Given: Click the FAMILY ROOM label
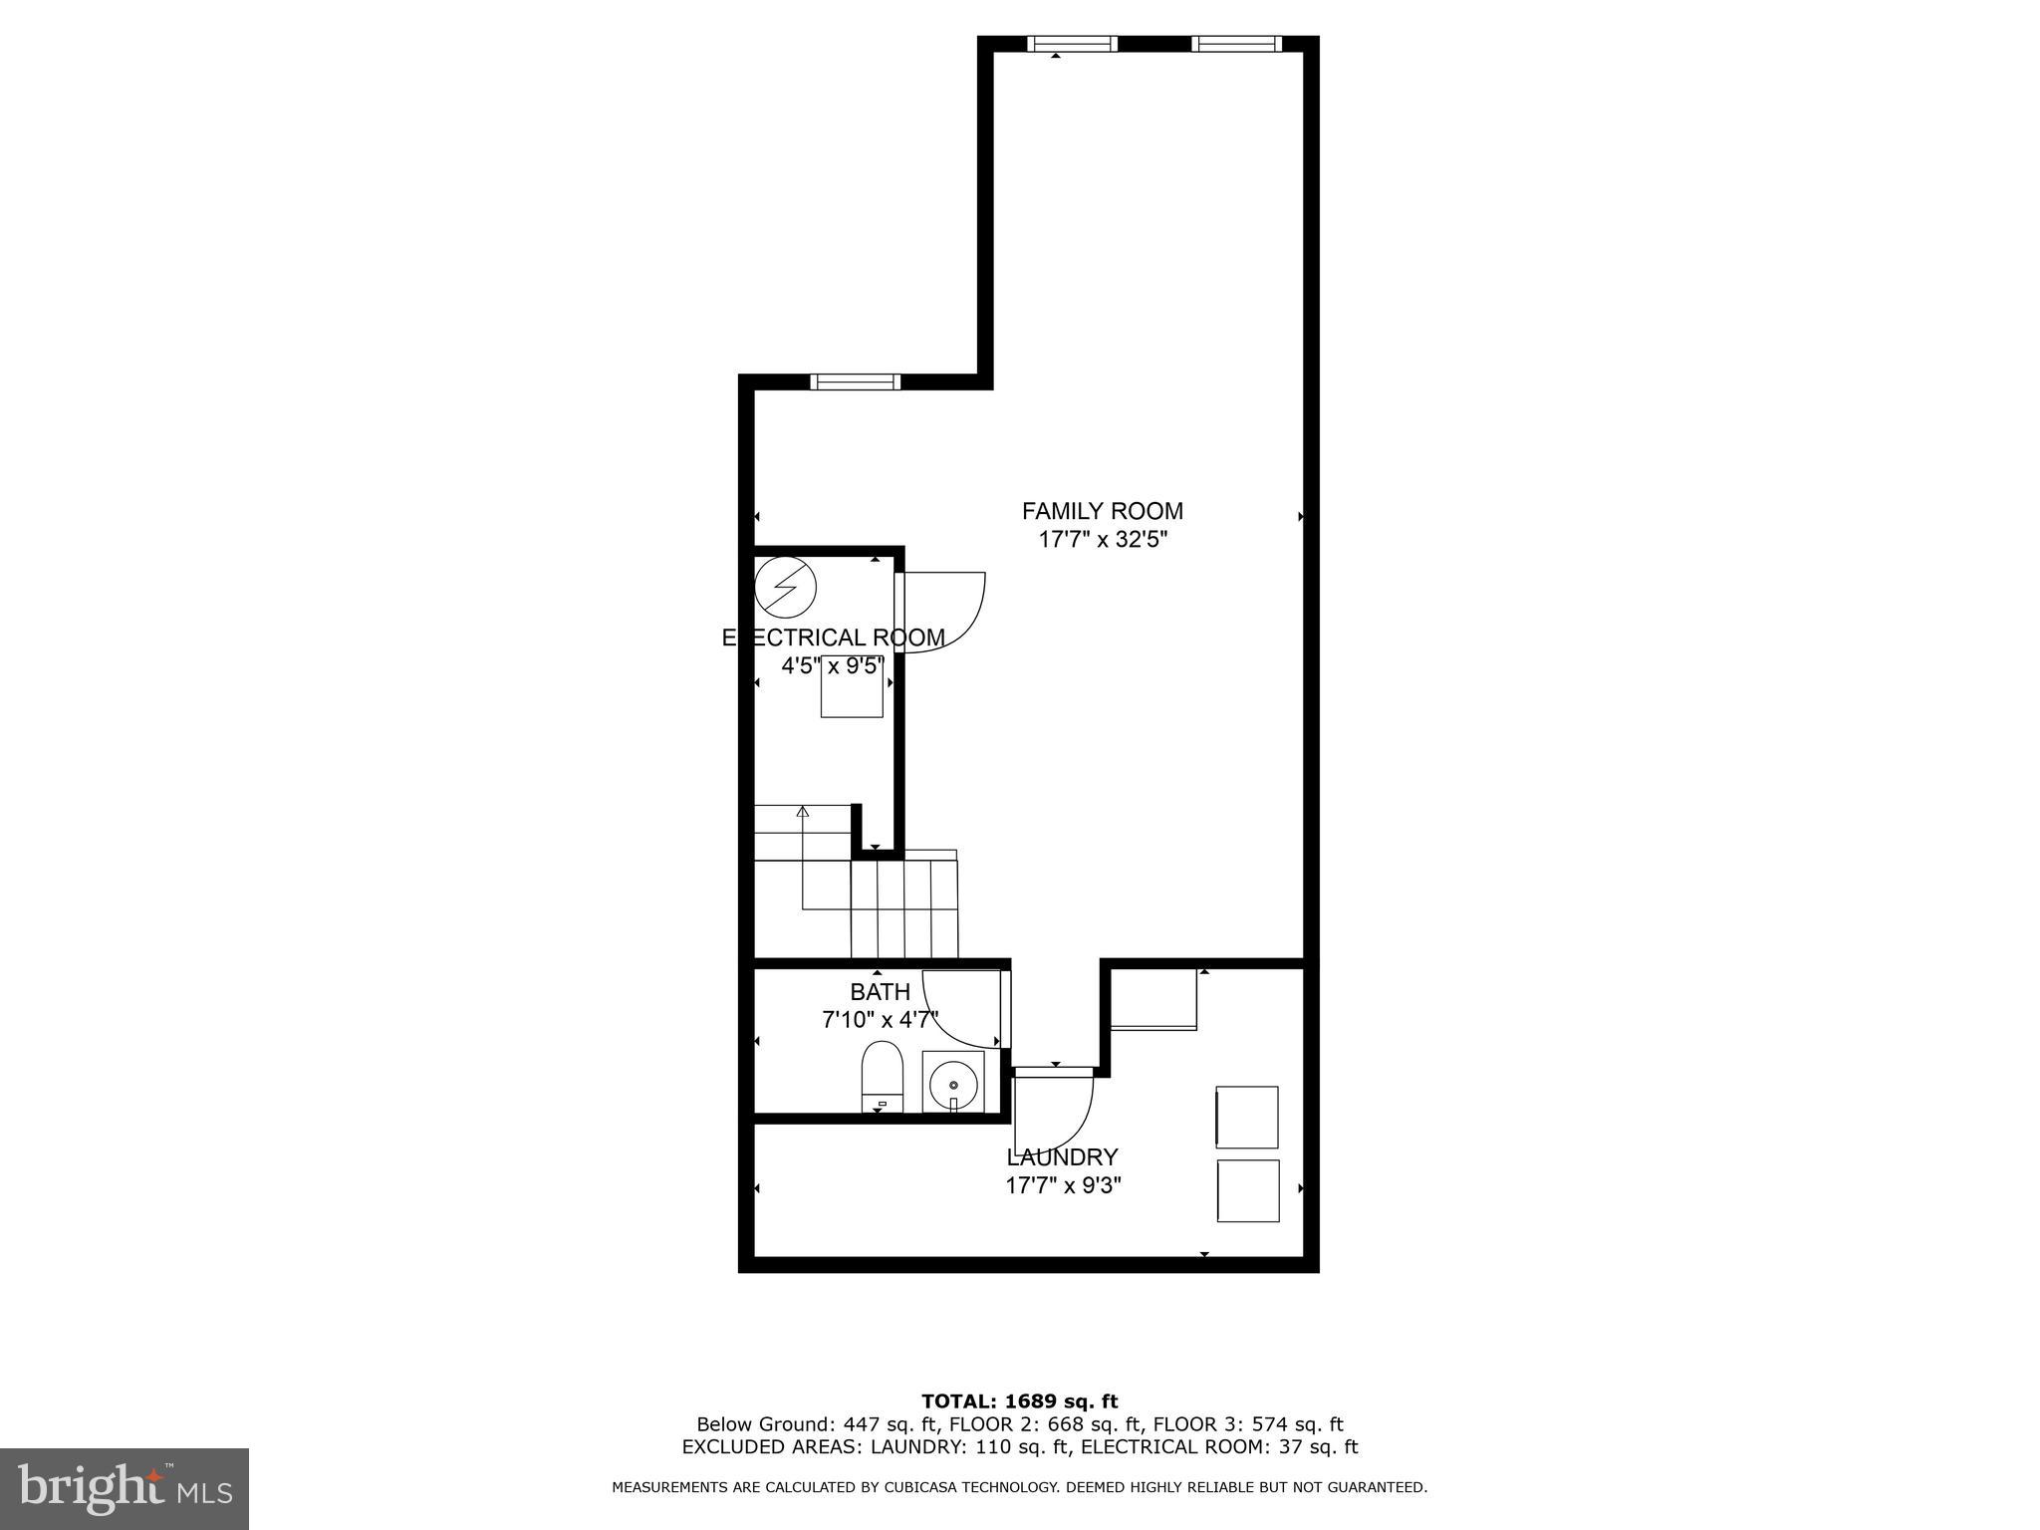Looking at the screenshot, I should click(x=1102, y=511).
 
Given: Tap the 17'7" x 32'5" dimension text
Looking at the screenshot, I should click(x=1102, y=540).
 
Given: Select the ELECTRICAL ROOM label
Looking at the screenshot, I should click(x=833, y=637).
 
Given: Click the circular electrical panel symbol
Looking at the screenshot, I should click(x=785, y=588).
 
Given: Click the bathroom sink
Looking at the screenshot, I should click(x=953, y=1082).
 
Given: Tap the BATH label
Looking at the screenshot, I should click(x=880, y=992).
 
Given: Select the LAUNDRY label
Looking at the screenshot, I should click(x=1062, y=1157).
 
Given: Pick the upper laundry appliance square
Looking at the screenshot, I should click(x=1247, y=1117).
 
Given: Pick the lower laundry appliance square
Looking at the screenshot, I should click(x=1247, y=1190).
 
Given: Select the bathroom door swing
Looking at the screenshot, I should click(x=961, y=1006).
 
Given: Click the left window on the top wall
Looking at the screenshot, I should click(x=1072, y=43).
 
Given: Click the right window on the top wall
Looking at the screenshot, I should click(x=1236, y=43).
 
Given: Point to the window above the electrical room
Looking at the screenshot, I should click(x=855, y=382).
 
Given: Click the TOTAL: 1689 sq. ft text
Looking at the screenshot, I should click(x=1019, y=1402).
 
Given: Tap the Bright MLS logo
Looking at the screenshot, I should click(x=125, y=1488).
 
